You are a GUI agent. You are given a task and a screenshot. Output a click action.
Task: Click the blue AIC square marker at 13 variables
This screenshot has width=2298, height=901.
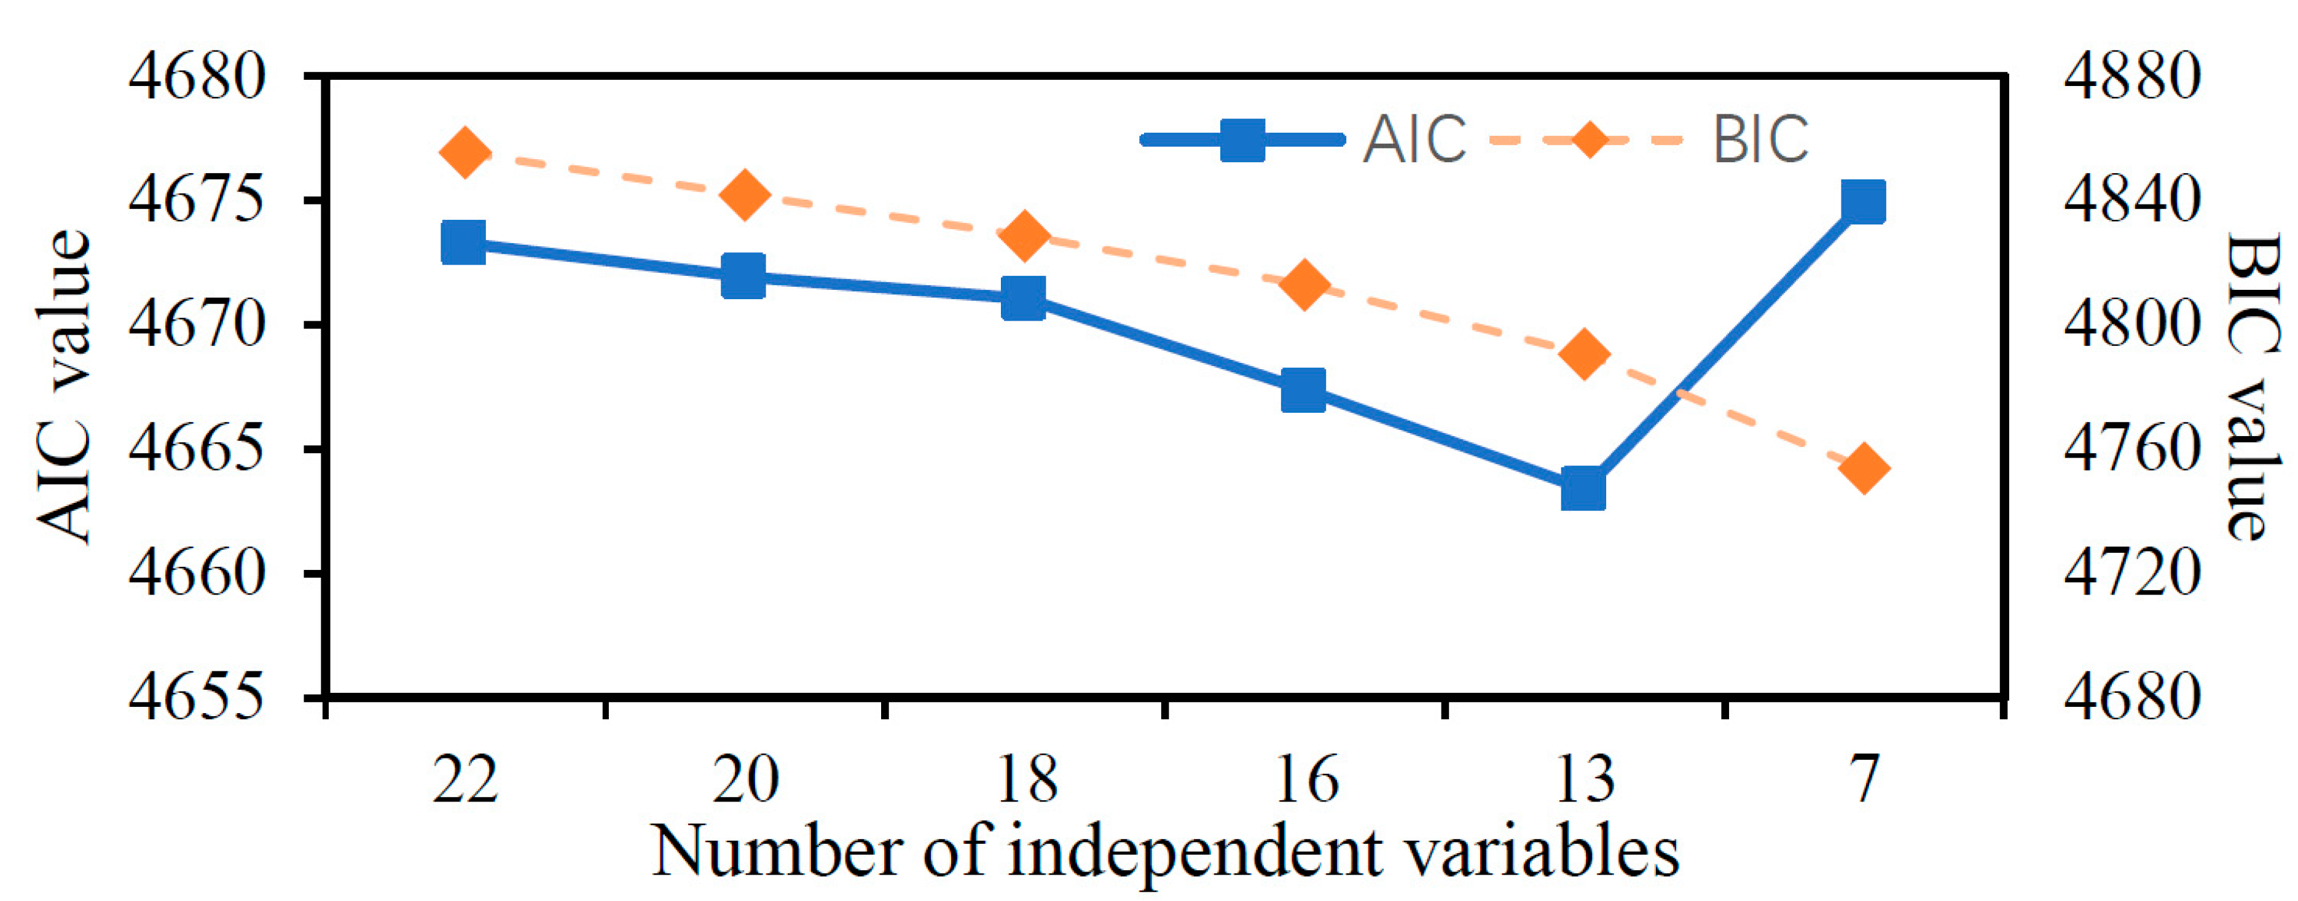[1583, 490]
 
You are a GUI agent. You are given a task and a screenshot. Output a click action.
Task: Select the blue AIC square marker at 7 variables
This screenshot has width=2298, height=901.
[1864, 201]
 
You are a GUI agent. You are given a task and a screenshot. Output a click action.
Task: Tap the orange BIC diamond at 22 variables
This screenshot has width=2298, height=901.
[465, 152]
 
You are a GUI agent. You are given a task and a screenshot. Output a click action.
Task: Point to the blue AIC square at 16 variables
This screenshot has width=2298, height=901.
[1303, 391]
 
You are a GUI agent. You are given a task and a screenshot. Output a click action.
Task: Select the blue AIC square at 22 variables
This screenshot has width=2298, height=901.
[464, 243]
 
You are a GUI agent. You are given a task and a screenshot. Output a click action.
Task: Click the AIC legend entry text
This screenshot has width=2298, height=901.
[1414, 140]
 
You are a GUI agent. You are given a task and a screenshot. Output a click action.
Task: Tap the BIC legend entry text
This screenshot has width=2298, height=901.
[1761, 140]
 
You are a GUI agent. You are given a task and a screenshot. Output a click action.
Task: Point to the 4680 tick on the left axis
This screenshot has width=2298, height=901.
[197, 77]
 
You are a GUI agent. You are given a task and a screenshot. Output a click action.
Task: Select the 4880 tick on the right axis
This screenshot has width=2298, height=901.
[2131, 77]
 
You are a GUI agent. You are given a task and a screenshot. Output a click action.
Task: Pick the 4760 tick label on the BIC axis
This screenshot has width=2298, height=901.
[2131, 449]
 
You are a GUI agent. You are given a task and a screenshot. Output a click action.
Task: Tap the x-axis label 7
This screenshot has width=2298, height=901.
[1864, 778]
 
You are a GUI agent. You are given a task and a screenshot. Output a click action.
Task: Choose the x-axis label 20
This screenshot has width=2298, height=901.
[745, 778]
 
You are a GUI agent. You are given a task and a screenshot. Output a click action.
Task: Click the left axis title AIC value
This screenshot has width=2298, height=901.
[65, 386]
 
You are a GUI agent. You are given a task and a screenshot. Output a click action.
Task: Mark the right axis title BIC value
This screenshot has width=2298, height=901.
[2252, 386]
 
